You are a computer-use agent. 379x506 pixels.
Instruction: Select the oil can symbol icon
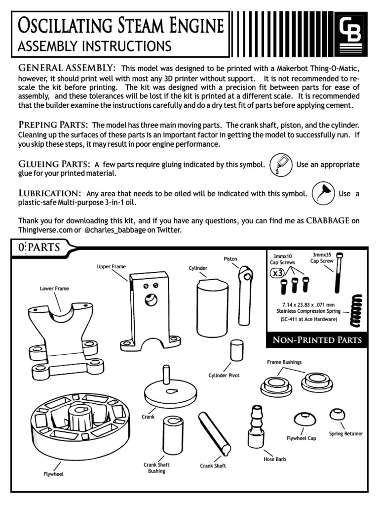(324, 193)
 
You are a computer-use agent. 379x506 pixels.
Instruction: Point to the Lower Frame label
(54, 288)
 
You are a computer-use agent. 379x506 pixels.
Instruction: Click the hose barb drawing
(257, 425)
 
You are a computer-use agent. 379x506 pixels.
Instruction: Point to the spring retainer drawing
(339, 414)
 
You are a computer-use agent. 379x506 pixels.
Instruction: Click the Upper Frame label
(112, 266)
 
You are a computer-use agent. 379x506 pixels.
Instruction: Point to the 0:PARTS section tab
(39, 248)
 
